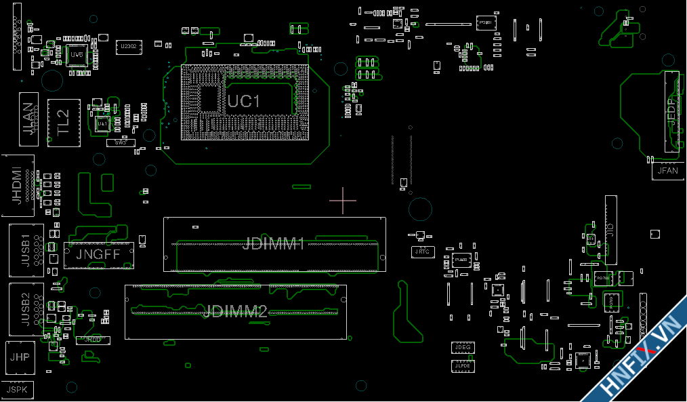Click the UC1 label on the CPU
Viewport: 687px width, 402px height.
click(x=244, y=102)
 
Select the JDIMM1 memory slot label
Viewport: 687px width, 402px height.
click(x=273, y=244)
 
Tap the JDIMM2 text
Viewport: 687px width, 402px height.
click(x=234, y=312)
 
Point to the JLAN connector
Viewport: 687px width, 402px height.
click(x=28, y=119)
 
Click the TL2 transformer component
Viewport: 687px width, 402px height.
click(x=64, y=123)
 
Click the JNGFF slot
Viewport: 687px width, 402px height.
click(x=98, y=255)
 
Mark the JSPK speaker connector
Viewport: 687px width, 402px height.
click(x=17, y=389)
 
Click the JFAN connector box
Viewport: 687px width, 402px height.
click(x=667, y=171)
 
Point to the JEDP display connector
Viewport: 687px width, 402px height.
click(x=671, y=110)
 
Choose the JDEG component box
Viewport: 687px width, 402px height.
click(x=463, y=348)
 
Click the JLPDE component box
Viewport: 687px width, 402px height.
click(x=463, y=366)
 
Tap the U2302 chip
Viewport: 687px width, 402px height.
click(x=128, y=46)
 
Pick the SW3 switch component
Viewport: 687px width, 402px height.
click(x=121, y=143)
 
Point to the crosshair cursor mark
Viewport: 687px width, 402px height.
click(x=343, y=200)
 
